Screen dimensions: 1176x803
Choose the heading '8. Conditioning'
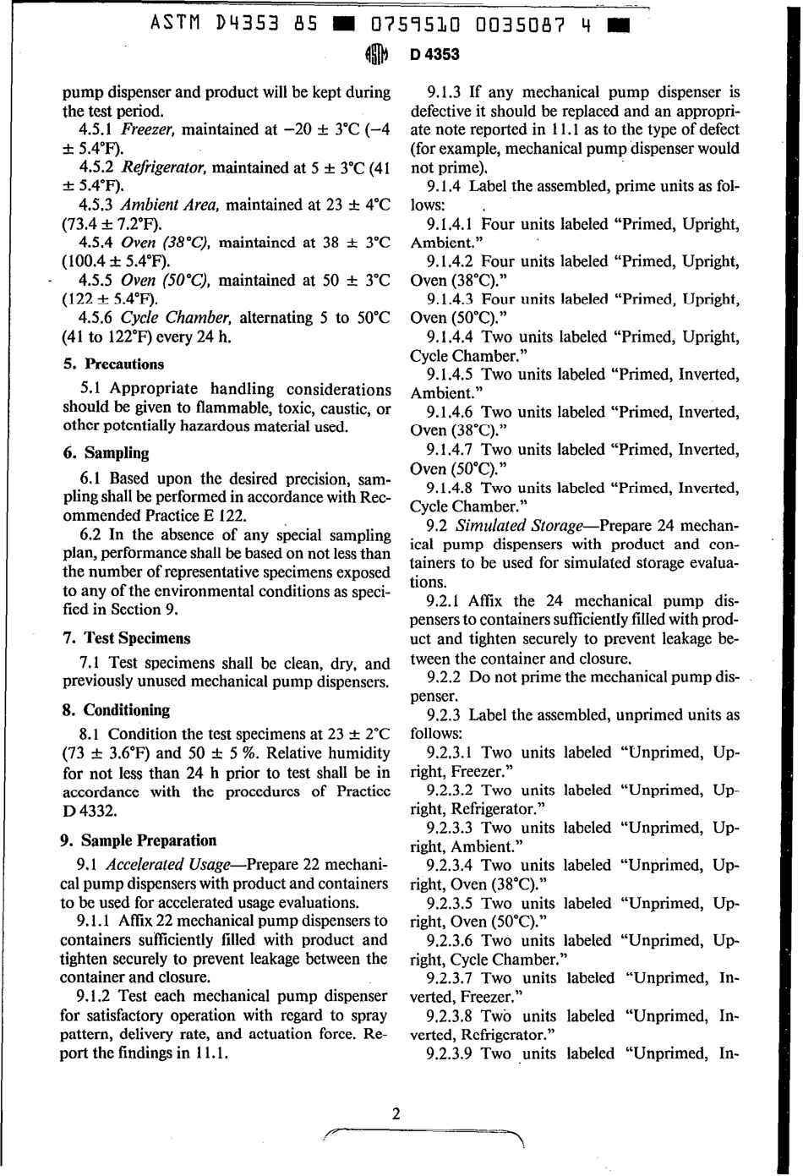tap(115, 710)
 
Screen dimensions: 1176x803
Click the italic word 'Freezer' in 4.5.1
tap(149, 129)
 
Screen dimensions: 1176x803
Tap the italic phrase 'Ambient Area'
tap(170, 205)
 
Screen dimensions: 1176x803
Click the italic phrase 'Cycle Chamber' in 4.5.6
tap(176, 318)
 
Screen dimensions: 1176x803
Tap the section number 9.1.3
tap(445, 92)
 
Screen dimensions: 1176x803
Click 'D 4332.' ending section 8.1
tap(90, 810)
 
